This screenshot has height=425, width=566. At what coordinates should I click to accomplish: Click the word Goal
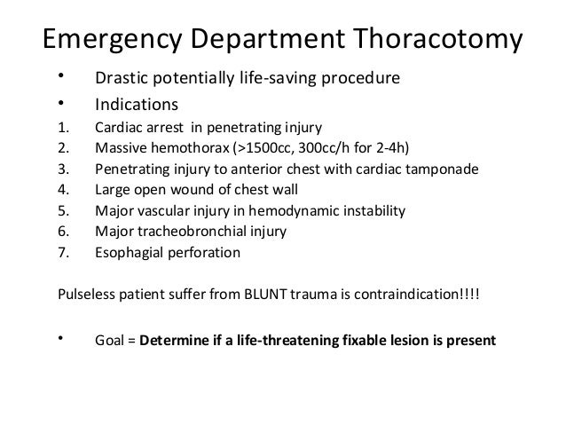[x=111, y=338]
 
